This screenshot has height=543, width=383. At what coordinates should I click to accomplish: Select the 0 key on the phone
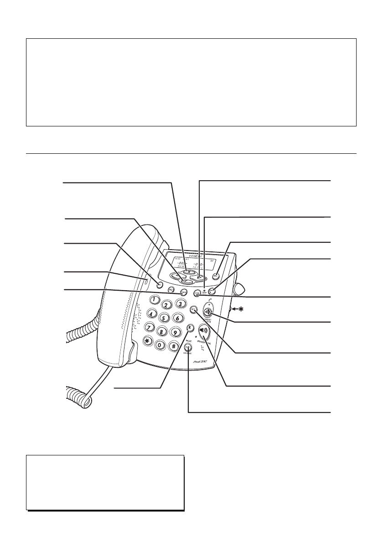(160, 345)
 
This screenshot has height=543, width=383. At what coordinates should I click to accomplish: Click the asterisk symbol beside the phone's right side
(238, 309)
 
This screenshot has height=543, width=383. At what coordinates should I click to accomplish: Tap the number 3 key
(181, 303)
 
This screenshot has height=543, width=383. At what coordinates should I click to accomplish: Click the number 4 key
(149, 315)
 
